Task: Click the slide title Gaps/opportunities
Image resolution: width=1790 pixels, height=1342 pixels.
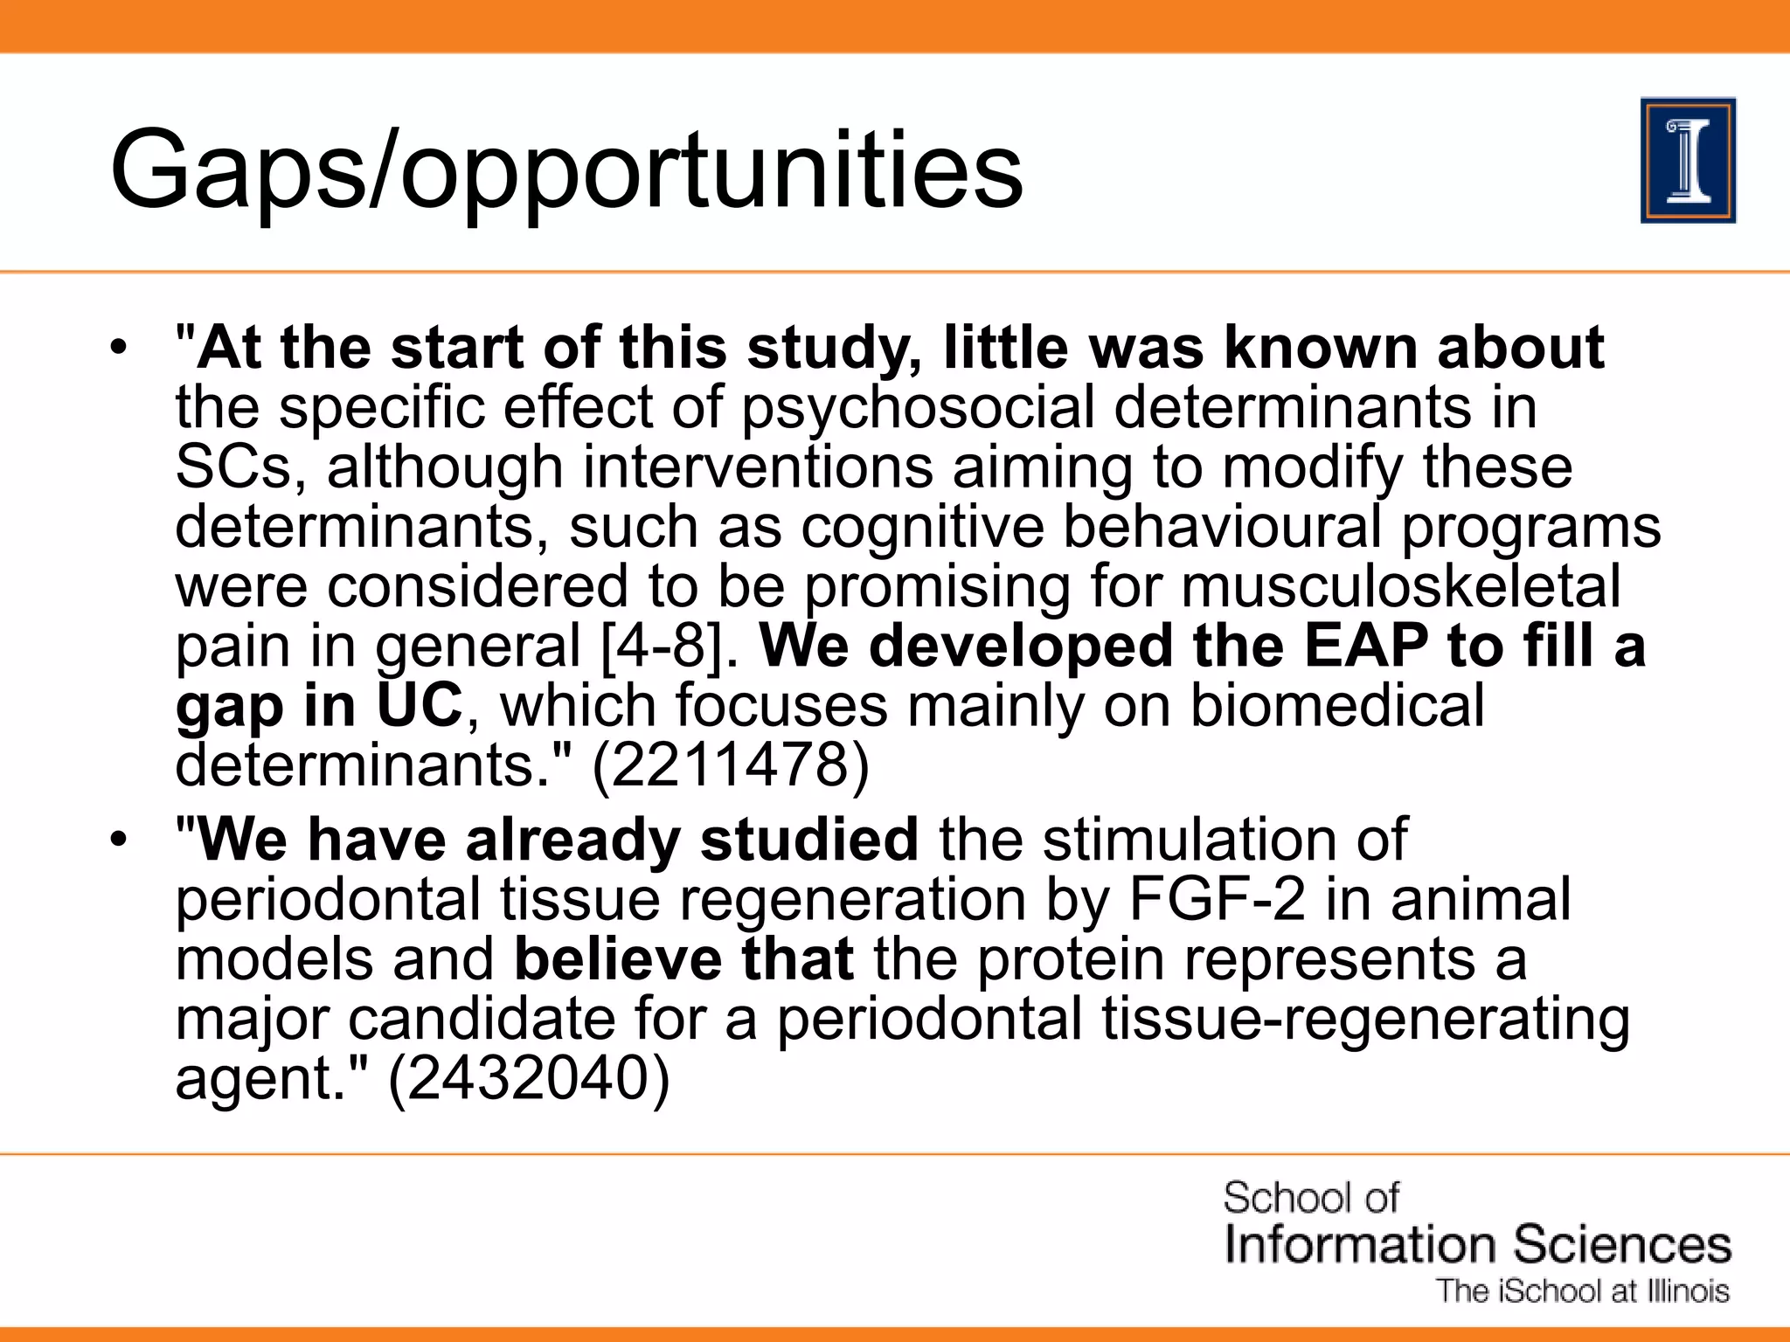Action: (x=565, y=170)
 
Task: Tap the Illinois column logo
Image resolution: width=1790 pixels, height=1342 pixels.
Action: (x=1688, y=161)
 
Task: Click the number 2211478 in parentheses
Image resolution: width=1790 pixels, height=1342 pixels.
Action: (x=731, y=765)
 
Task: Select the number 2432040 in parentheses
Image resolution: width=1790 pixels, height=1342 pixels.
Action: (x=528, y=1078)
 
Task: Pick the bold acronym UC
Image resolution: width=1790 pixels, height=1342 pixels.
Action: (x=419, y=706)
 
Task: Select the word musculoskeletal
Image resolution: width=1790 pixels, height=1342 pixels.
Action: (x=1401, y=586)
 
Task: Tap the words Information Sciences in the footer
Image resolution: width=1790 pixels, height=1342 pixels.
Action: (x=1477, y=1244)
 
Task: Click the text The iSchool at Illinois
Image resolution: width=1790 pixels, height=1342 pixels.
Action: (x=1583, y=1291)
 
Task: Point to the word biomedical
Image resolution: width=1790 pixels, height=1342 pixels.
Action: (x=1337, y=706)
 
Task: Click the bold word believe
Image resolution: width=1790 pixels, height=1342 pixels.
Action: (x=617, y=959)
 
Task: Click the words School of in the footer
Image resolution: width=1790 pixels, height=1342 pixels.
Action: (x=1310, y=1197)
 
